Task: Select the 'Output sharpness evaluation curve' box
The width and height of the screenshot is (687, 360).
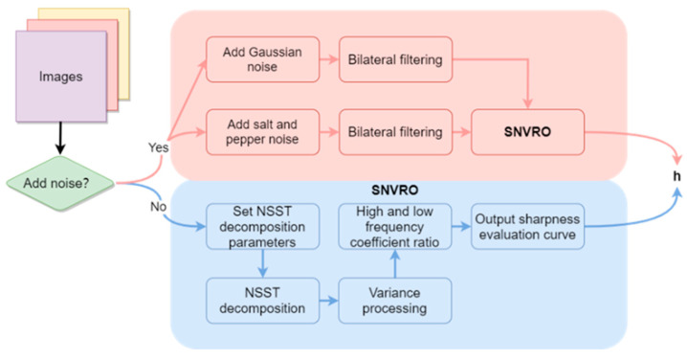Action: pos(528,227)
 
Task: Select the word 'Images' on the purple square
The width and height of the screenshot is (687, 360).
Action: pos(59,75)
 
